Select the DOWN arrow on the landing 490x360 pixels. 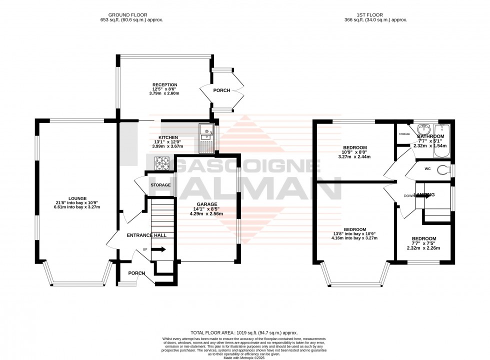coord(421,196)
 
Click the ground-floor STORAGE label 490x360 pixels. coord(160,185)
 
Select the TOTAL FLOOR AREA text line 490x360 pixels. coord(244,332)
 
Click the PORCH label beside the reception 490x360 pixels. coord(221,90)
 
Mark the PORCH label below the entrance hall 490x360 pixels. coord(136,273)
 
